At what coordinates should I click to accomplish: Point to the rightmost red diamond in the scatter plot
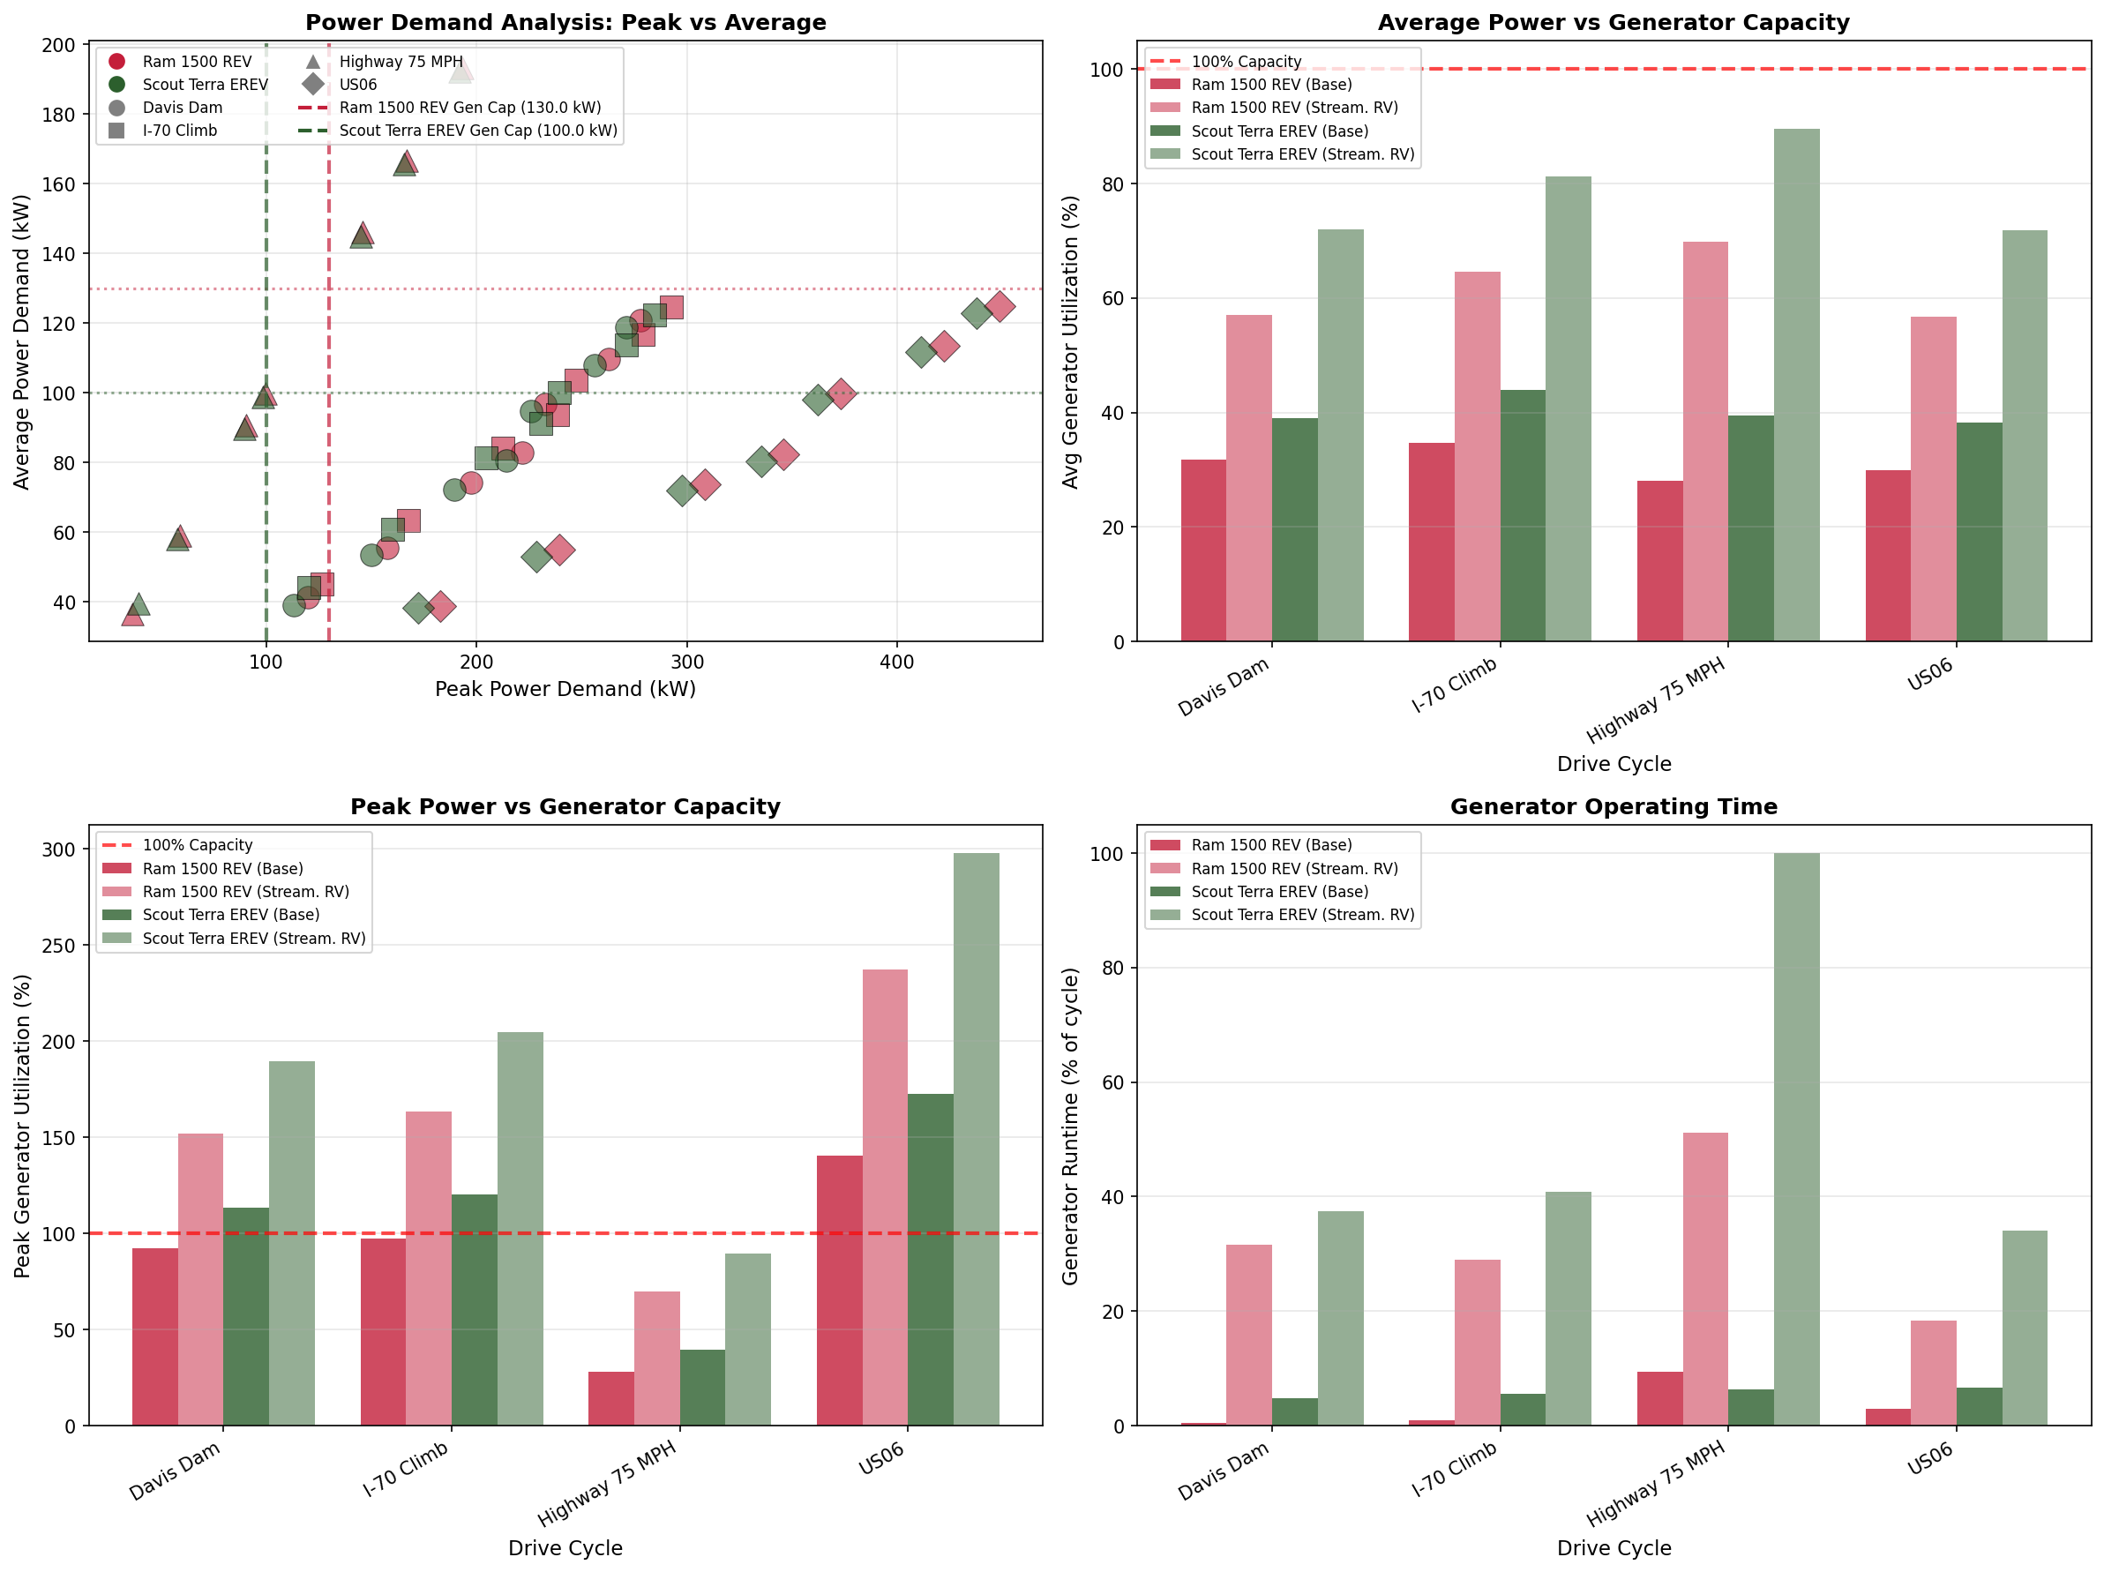(x=1000, y=306)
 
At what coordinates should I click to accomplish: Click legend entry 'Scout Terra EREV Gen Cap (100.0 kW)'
(x=477, y=131)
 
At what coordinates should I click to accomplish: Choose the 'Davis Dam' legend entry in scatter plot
(x=182, y=108)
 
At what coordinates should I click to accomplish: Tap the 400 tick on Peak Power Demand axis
(x=896, y=662)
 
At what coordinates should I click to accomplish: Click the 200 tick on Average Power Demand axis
(x=59, y=45)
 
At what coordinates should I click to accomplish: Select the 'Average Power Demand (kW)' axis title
(x=21, y=341)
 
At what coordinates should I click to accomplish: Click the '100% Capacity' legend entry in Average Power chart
(x=1246, y=61)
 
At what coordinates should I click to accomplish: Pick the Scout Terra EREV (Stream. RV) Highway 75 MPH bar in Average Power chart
(x=1796, y=385)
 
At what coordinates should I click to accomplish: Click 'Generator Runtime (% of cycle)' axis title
(x=1070, y=1126)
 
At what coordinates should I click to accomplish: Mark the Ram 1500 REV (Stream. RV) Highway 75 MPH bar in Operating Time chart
(x=1704, y=1278)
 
